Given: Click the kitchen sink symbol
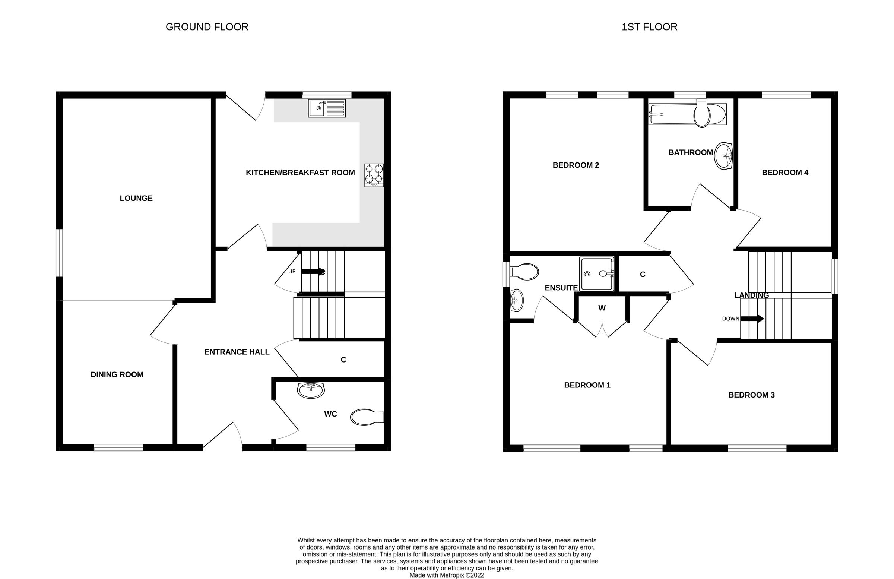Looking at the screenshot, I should coord(326,108).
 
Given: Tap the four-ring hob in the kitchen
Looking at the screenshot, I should coord(374,175).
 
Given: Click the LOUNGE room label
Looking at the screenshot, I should coord(136,198).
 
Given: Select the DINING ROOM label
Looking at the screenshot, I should coord(117,374).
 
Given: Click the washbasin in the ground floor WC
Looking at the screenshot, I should coord(310,390).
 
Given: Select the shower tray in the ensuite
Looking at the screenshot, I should coord(596,274).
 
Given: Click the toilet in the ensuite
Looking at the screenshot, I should coord(524,272).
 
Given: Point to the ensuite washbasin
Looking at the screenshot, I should coord(517,300).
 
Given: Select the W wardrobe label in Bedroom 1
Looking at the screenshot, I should coord(602,308).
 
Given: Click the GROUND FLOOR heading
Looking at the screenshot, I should coord(207,27).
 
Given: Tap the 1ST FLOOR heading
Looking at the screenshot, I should coord(649,27).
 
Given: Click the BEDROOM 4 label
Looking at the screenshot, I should coord(785,173).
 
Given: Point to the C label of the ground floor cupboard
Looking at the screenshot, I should coord(343,360).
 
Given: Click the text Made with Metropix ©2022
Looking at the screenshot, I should coord(447,575).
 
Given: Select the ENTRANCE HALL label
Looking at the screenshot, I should coord(237,352).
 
